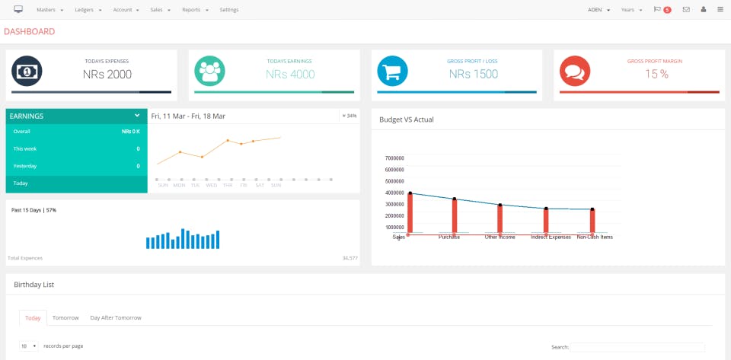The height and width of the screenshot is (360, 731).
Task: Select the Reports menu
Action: coord(193,10)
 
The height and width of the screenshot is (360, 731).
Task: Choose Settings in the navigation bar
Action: coord(228,10)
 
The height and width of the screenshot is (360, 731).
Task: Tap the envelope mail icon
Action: coord(685,10)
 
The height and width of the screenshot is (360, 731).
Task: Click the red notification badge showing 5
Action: coord(667,10)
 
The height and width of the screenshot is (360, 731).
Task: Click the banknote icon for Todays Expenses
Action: coord(27,72)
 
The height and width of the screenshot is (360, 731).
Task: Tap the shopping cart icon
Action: coord(392,72)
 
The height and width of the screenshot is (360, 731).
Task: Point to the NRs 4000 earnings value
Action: coord(289,75)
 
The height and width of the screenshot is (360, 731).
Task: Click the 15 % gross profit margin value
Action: coord(656,75)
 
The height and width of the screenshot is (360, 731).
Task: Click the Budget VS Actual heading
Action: coord(407,119)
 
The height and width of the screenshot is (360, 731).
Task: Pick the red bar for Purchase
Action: coord(455,216)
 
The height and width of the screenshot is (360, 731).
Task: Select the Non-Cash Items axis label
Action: coord(594,237)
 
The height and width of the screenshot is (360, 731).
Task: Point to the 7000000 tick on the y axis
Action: coord(394,158)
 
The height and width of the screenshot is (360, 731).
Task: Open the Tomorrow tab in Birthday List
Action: coord(65,317)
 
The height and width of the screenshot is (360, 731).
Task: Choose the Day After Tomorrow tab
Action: coord(116,317)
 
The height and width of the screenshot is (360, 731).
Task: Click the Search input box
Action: coord(638,347)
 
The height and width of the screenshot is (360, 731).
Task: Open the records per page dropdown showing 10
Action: coord(29,346)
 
